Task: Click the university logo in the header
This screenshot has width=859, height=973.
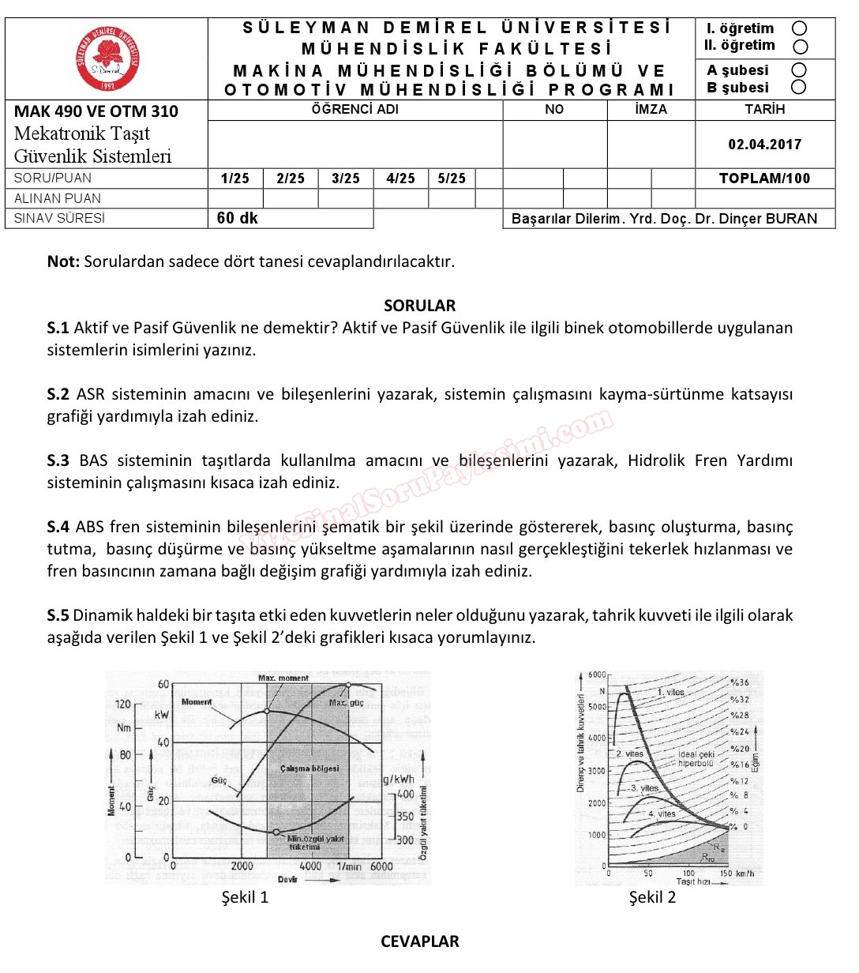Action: click(108, 58)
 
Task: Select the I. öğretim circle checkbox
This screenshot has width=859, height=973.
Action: click(799, 29)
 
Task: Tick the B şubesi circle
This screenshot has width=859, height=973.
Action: click(799, 87)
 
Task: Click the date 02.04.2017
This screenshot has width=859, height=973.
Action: click(764, 145)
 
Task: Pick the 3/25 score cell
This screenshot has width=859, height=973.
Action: click(346, 178)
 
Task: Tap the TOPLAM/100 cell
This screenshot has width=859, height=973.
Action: click(764, 178)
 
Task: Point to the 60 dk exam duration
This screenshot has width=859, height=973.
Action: click(238, 218)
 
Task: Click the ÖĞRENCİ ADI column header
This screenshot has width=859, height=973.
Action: click(355, 110)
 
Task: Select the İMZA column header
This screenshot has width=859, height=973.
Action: click(651, 110)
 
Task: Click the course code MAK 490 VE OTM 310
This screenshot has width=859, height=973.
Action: click(96, 111)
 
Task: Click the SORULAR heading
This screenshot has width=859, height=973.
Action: click(419, 306)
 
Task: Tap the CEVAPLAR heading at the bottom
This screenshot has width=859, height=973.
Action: click(419, 941)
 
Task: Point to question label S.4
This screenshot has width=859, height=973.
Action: click(58, 527)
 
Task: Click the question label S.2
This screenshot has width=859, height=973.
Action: click(58, 394)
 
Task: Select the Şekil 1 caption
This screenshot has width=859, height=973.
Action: click(245, 897)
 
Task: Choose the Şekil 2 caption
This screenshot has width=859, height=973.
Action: click(652, 897)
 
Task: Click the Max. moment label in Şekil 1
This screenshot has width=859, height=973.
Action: click(283, 678)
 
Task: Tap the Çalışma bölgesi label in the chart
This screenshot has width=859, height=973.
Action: click(309, 768)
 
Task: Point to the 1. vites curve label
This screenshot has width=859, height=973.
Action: click(671, 692)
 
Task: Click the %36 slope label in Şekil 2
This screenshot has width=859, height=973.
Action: click(740, 682)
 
